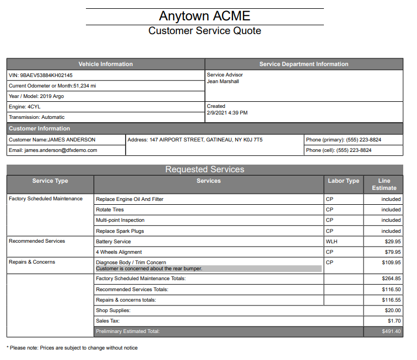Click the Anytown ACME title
pyautogui.click(x=204, y=15)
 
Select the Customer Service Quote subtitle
pyautogui.click(x=204, y=31)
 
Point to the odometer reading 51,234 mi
pyautogui.click(x=84, y=86)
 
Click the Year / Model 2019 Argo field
pyautogui.click(x=36, y=96)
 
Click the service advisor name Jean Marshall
pyautogui.click(x=223, y=81)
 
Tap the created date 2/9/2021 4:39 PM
pyautogui.click(x=227, y=113)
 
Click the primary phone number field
pyautogui.click(x=343, y=140)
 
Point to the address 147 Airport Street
pyautogui.click(x=194, y=140)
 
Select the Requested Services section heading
pyautogui.click(x=204, y=170)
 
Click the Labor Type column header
pyautogui.click(x=343, y=181)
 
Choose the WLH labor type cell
pyautogui.click(x=331, y=242)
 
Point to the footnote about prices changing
pyautogui.click(x=72, y=348)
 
